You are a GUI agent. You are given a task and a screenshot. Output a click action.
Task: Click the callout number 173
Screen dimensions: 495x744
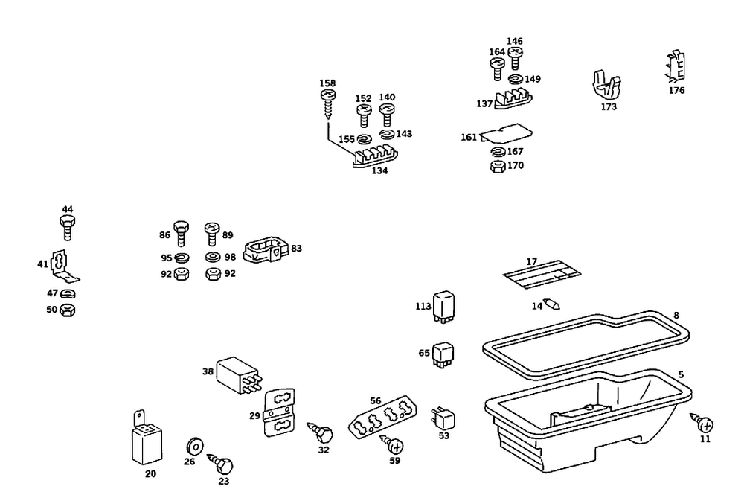pos(609,106)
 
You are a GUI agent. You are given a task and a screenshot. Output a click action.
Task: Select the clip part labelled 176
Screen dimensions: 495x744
pos(675,67)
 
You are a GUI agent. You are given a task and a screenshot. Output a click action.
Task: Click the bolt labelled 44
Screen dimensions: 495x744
pos(68,226)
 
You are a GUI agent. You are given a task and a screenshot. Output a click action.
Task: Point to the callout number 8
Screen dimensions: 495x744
pos(676,315)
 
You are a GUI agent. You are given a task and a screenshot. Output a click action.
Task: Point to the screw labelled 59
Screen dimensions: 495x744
pos(394,445)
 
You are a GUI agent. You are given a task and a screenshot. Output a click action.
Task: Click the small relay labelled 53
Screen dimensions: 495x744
pos(443,418)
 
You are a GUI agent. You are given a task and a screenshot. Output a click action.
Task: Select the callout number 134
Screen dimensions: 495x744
pos(379,170)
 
